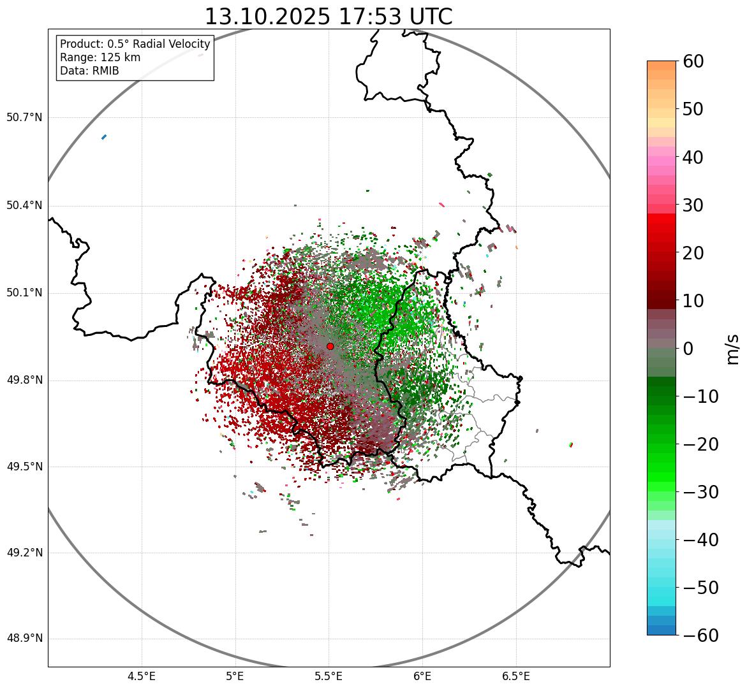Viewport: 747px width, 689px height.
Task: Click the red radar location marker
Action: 330,346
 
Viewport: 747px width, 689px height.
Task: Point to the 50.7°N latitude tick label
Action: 24,118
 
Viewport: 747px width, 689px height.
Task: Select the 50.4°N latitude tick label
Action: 24,206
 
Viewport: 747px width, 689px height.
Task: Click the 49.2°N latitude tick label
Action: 24,553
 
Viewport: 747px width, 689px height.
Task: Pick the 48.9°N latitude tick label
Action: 24,639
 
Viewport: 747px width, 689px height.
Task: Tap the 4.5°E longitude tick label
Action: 142,676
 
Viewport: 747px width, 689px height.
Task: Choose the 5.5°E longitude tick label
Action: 329,676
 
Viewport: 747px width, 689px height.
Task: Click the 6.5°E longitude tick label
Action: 516,676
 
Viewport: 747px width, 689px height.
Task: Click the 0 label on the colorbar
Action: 688,349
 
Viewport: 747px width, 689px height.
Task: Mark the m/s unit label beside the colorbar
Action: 732,349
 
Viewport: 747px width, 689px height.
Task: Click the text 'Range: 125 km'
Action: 100,57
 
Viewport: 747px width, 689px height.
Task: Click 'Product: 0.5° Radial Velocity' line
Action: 135,44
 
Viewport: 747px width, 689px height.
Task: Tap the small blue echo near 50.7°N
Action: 104,136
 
